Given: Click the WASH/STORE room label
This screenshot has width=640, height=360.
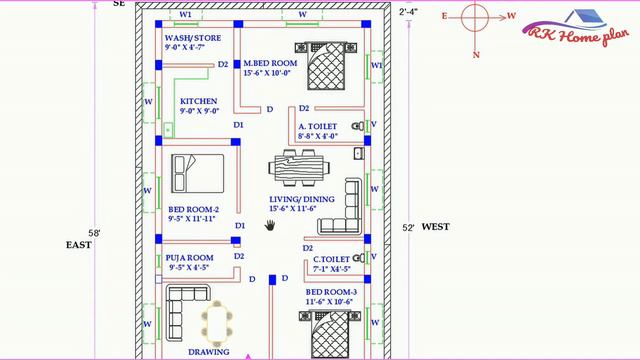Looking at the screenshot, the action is [x=193, y=38].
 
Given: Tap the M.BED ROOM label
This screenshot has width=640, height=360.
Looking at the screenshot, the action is [x=270, y=63].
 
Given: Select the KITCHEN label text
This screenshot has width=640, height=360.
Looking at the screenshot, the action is [x=198, y=101].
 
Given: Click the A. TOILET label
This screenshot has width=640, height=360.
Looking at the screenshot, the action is [x=318, y=127].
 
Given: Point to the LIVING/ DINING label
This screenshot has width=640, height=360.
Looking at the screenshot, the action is [x=302, y=199].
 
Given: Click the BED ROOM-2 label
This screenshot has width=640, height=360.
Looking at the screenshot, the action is [x=193, y=209].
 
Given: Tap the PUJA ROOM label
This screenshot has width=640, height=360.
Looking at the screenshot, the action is [x=189, y=258].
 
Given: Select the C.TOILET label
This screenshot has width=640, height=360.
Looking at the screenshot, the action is [x=331, y=259].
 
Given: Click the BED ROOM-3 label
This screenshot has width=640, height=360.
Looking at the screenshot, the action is [x=331, y=292].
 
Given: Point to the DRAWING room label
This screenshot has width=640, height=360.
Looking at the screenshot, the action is [x=209, y=352].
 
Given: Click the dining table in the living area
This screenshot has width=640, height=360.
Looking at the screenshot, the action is [x=299, y=168].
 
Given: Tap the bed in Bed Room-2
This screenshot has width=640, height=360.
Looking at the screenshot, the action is [x=198, y=173].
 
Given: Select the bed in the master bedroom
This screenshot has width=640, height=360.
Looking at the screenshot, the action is [x=326, y=66].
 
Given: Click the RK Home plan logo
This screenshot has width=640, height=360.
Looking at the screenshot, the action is [x=576, y=29].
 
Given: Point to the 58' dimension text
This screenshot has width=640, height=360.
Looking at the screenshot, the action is [x=94, y=233].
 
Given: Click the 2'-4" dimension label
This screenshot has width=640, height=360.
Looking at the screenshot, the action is [x=408, y=12].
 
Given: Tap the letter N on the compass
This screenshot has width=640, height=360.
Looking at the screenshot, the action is [x=476, y=55].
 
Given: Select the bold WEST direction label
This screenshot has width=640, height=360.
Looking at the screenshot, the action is [x=436, y=227].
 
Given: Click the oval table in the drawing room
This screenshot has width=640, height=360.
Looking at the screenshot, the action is [x=217, y=324].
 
